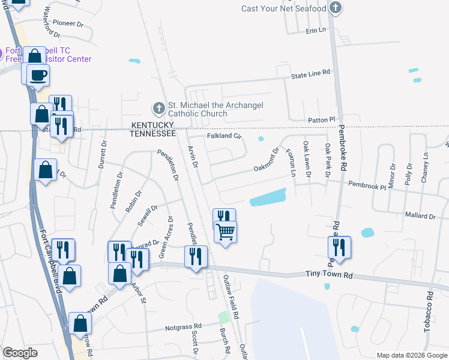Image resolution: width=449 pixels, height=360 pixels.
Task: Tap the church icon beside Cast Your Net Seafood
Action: click(336, 8)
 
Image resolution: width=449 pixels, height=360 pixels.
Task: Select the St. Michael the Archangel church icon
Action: click(158, 109)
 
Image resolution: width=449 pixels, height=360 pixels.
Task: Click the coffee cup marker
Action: click(39, 76)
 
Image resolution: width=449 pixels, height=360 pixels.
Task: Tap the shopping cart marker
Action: click(225, 231)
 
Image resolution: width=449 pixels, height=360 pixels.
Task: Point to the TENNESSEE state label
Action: click(153, 133)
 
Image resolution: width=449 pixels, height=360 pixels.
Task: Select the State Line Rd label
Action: click(310, 73)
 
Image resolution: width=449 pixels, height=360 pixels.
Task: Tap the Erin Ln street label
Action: click(315, 29)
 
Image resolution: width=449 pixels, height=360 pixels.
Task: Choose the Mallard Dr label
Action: click(420, 215)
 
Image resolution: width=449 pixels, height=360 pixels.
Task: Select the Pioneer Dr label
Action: click(67, 23)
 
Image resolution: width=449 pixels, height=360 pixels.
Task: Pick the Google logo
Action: click(20, 353)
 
